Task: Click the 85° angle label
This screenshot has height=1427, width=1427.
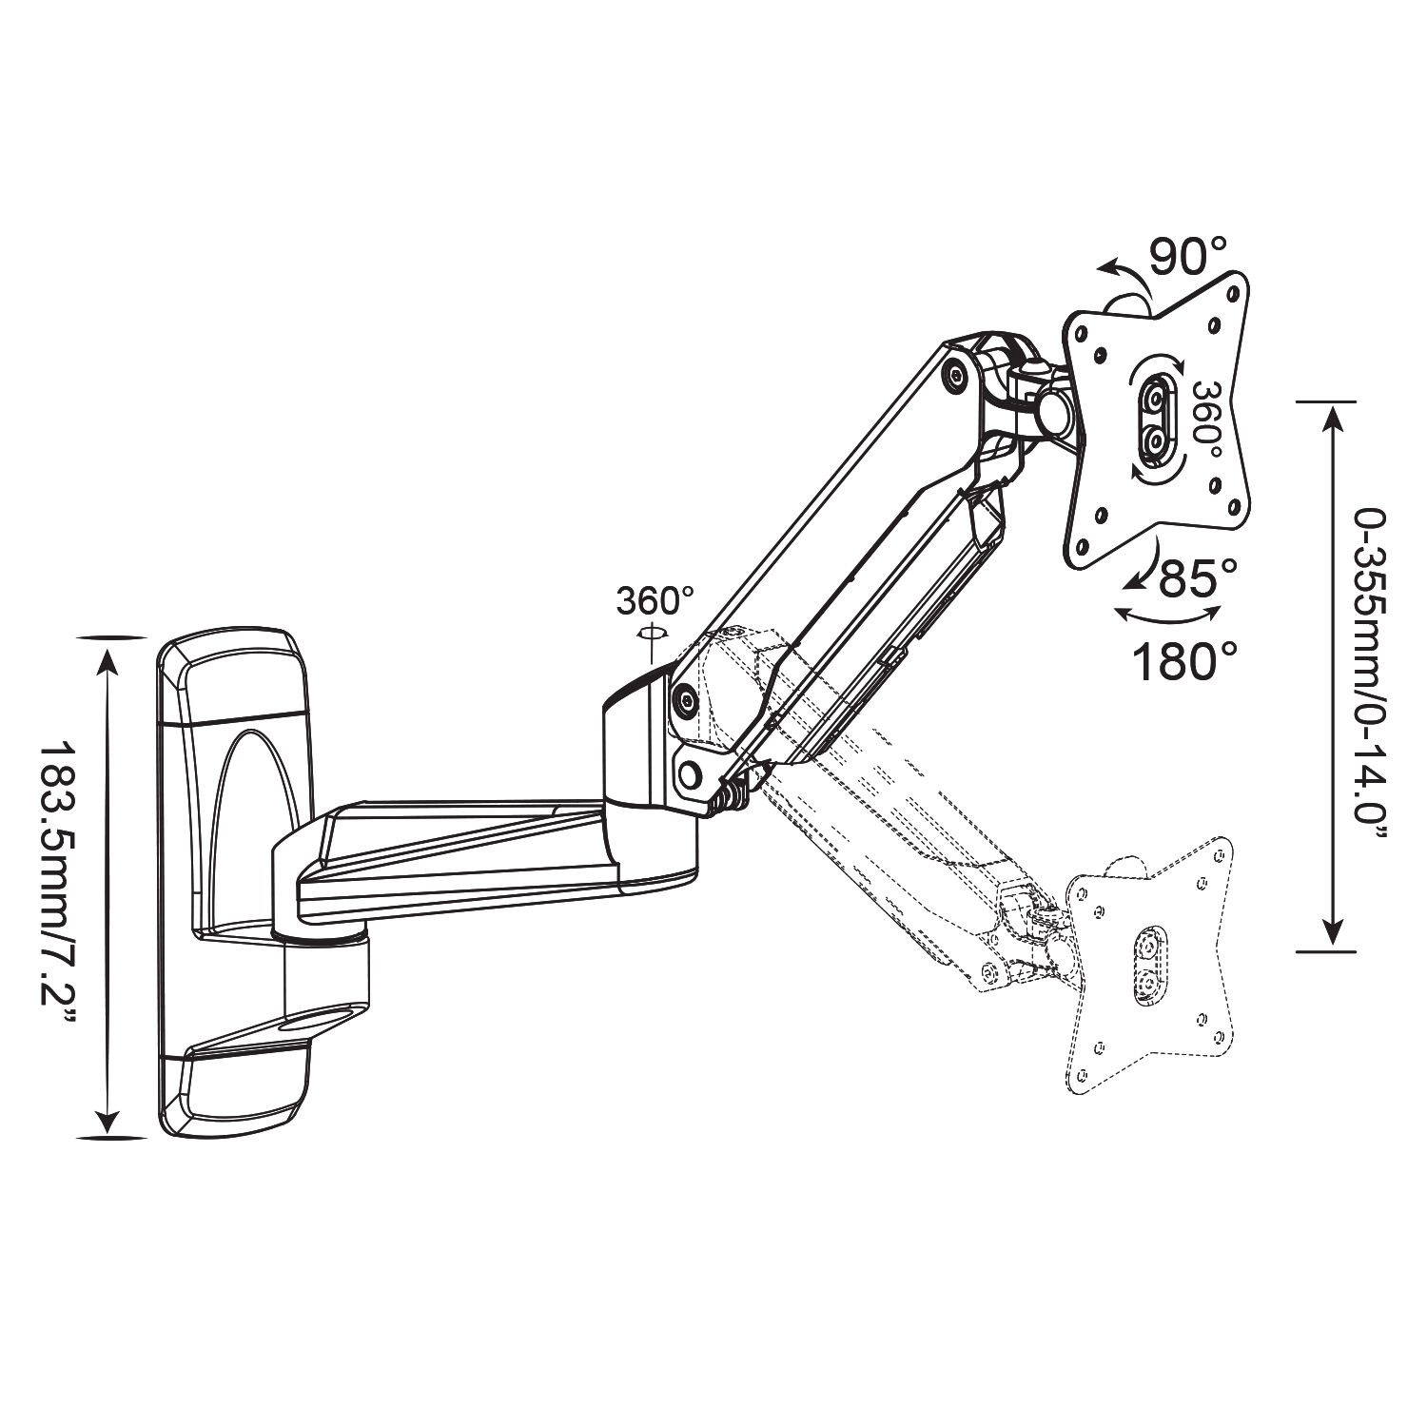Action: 1198,577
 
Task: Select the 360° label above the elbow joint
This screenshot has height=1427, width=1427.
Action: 655,600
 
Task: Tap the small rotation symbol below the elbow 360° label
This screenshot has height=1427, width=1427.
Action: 652,634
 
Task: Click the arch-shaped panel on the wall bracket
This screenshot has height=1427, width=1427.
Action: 250,827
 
